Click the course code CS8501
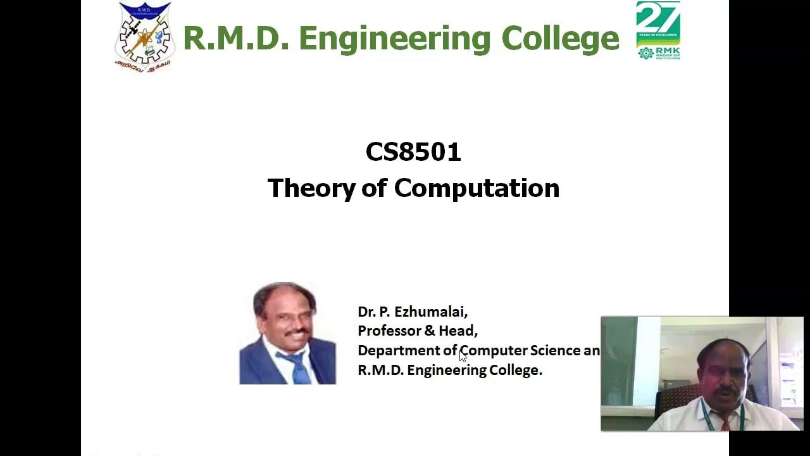click(x=413, y=152)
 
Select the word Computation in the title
click(x=477, y=189)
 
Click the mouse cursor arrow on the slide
click(x=463, y=357)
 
